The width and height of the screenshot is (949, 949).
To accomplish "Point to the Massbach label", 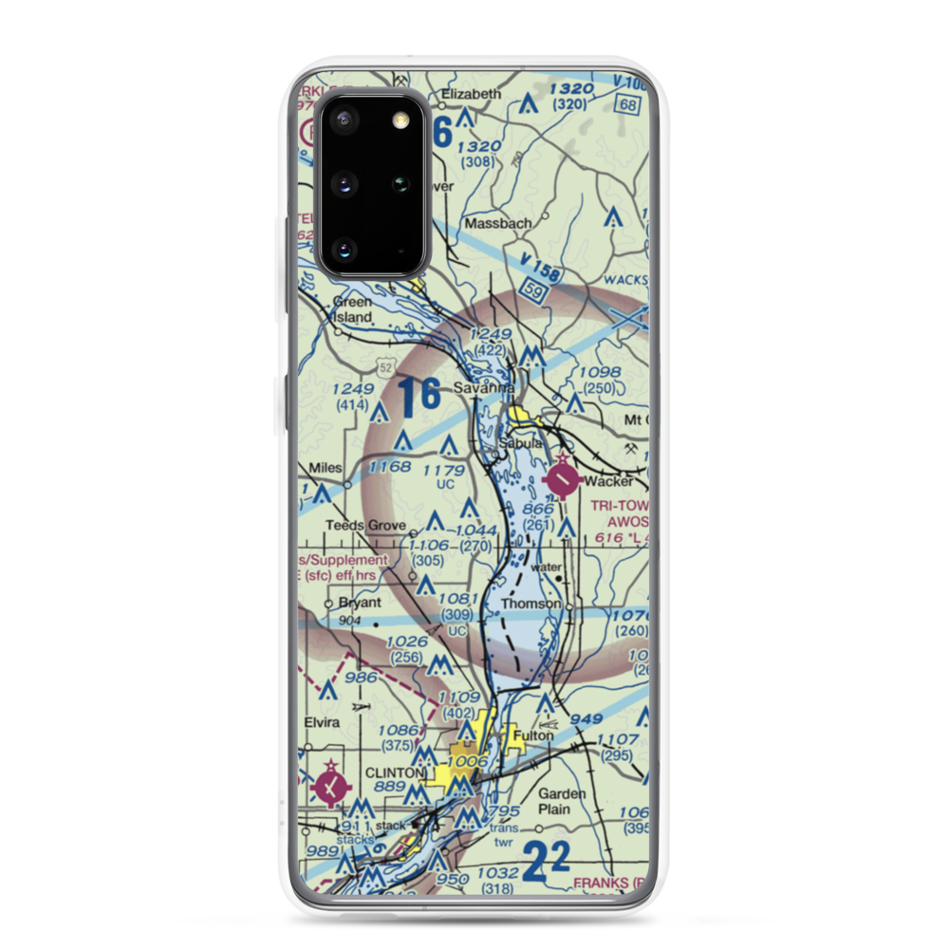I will coord(498,223).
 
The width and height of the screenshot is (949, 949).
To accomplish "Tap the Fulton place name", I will coord(531,735).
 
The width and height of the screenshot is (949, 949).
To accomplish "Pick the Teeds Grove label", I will coord(366,525).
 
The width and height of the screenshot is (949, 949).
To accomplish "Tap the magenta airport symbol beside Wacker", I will coord(564,480).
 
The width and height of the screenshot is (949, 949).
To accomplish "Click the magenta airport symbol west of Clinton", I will coord(329,786).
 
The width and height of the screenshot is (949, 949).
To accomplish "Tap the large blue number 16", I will coord(419,396).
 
